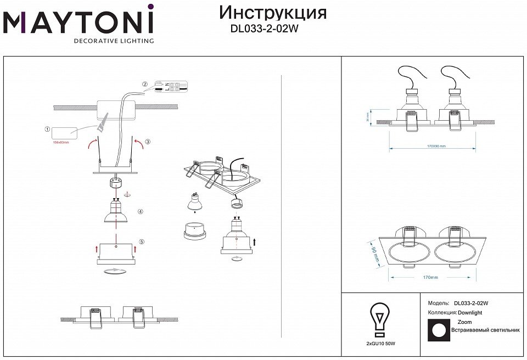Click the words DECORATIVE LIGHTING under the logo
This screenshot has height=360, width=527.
coord(114,41)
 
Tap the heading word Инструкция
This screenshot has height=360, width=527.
coord(272,13)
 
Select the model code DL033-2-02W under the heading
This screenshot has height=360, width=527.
coord(264,31)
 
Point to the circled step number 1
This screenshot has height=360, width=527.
coord(48,130)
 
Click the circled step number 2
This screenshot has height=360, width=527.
coord(145,85)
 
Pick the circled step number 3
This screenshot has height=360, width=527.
coord(148,142)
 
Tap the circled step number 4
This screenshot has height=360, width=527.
coord(141,211)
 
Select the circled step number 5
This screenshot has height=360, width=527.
coord(141,241)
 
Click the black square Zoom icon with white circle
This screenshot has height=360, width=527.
coord(439,330)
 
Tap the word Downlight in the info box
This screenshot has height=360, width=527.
coord(470,312)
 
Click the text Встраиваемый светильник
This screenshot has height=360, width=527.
coord(485,330)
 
